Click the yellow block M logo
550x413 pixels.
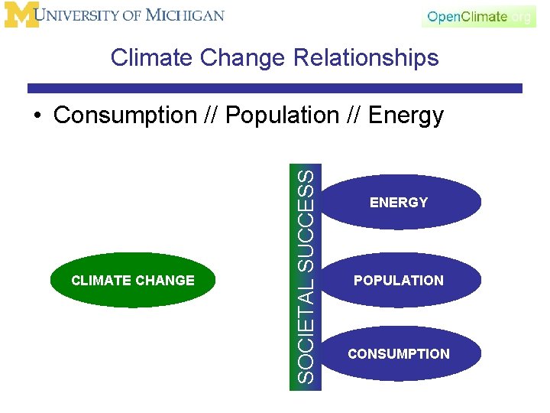click(x=21, y=15)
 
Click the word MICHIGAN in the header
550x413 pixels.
click(x=186, y=15)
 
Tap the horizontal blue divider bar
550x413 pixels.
click(x=275, y=89)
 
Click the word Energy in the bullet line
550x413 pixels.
click(x=406, y=115)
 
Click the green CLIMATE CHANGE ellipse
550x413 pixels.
click(x=133, y=280)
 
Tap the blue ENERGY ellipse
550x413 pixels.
click(x=399, y=203)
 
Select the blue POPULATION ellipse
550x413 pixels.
click(x=399, y=280)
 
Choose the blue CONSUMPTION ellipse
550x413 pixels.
click(x=399, y=353)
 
